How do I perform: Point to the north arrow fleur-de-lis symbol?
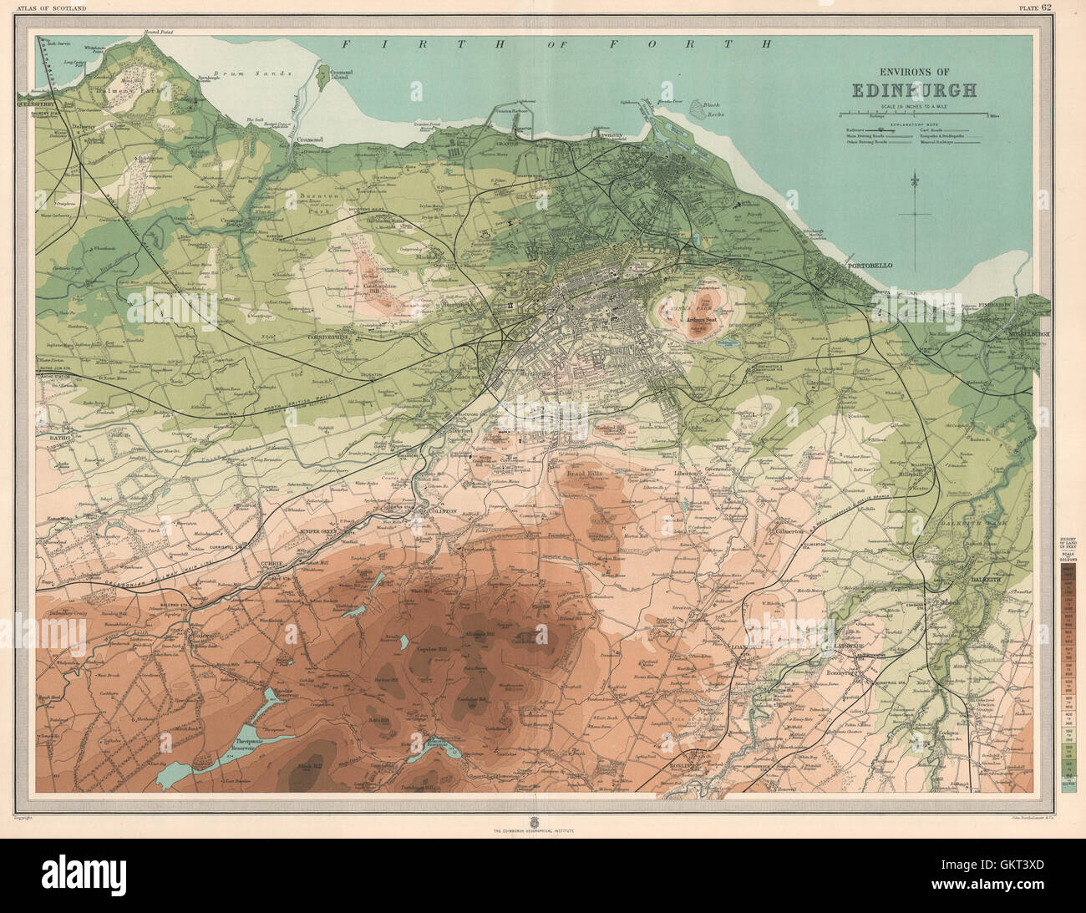pyautogui.click(x=916, y=180)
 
